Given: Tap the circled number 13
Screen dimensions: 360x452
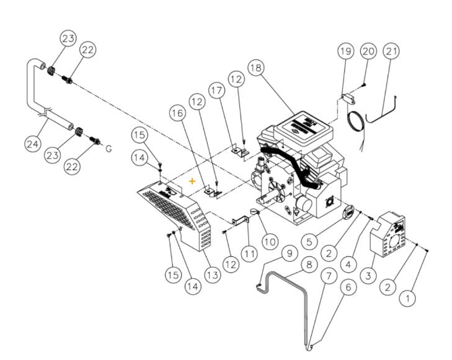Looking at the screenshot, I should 212,274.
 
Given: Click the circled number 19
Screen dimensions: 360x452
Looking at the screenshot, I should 345,51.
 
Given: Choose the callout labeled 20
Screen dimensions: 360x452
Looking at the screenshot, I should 368,50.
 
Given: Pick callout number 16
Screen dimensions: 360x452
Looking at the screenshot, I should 177,114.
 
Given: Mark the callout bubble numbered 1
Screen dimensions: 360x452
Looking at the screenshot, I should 407,299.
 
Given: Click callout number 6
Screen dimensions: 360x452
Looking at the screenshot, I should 348,287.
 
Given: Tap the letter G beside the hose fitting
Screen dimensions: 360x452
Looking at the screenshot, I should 109,149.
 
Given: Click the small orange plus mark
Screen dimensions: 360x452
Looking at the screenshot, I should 192,181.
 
